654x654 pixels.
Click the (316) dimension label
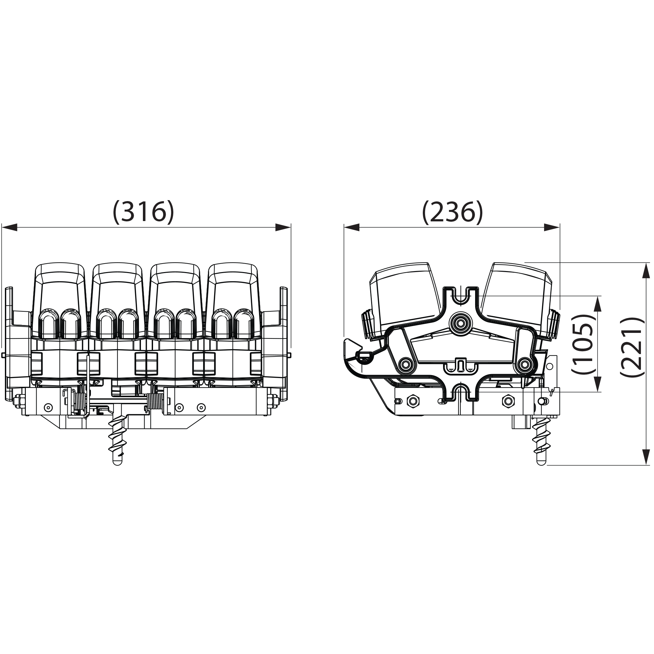click(x=144, y=212)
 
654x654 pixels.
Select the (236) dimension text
click(x=452, y=212)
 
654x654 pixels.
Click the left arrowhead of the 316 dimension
click(x=9, y=228)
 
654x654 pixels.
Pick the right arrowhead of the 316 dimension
click(x=283, y=228)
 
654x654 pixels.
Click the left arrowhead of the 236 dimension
click(x=352, y=228)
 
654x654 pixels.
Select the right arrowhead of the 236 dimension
click(x=552, y=228)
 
